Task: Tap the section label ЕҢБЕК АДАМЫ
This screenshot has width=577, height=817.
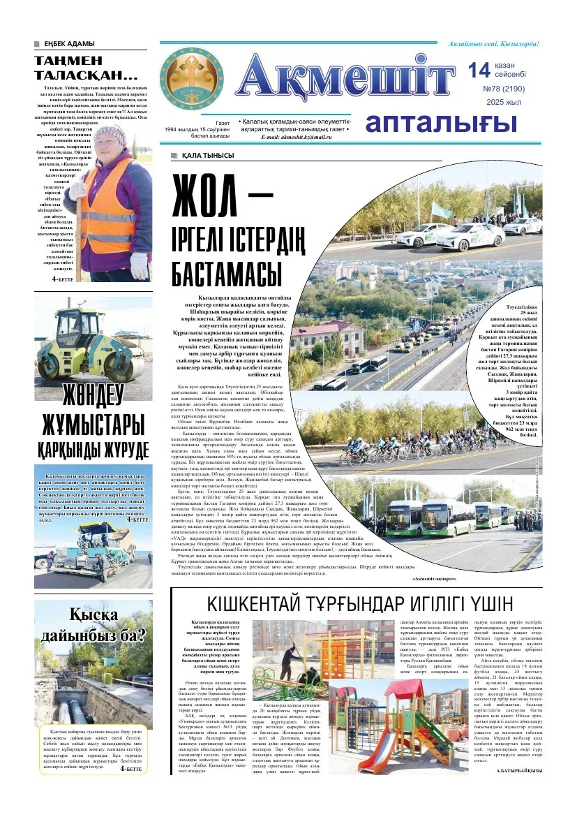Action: [x=67, y=45]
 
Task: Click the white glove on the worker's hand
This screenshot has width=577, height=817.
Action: [x=139, y=265]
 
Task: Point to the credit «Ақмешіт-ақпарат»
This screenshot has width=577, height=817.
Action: [x=438, y=580]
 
